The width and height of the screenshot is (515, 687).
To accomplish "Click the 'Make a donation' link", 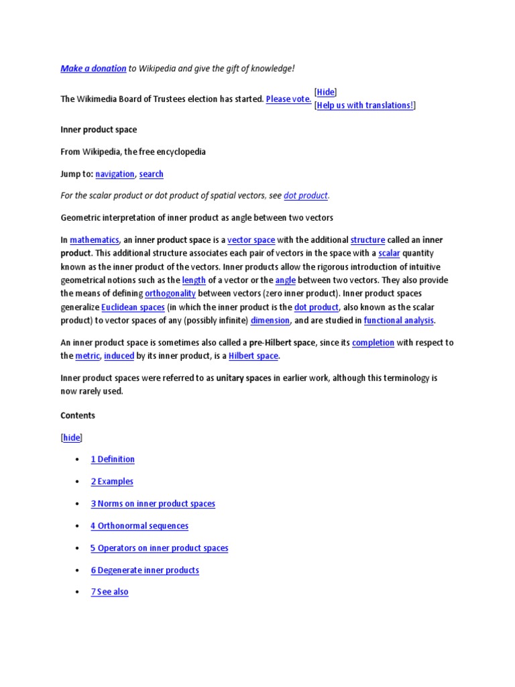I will pos(93,68).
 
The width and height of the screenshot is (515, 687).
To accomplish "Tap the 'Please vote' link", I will pos(288,99).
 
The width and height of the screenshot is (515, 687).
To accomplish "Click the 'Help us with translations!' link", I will pos(365,105).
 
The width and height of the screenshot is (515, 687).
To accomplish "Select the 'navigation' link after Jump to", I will pos(115,174).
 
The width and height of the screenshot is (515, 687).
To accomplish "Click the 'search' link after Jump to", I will pos(152,174).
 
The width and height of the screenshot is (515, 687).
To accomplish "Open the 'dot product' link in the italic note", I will pos(306,196).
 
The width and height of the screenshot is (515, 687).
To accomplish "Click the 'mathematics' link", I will pos(95,240).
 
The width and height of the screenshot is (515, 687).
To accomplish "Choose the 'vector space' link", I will pos(251,240).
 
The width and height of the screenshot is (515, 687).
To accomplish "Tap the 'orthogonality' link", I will pos(170,294).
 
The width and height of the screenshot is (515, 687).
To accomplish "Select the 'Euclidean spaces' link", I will pos(133,307).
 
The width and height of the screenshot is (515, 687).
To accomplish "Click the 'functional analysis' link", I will pos(399,321).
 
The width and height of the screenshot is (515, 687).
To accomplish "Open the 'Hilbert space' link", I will pos(253,356).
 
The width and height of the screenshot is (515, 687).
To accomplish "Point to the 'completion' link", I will pos(373,343).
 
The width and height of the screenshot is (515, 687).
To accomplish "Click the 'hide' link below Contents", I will pos(72,438).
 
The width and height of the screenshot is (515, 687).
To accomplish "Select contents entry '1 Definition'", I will pos(113,460).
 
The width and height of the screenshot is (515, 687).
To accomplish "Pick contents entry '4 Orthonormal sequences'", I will pos(139,526).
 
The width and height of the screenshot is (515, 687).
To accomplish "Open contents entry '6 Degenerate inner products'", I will pos(145,570).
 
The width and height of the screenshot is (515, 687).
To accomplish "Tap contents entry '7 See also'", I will pos(109,592).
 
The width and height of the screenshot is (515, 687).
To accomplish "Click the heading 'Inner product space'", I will pos(99,129).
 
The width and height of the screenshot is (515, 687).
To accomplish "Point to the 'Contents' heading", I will pos(78,416).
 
